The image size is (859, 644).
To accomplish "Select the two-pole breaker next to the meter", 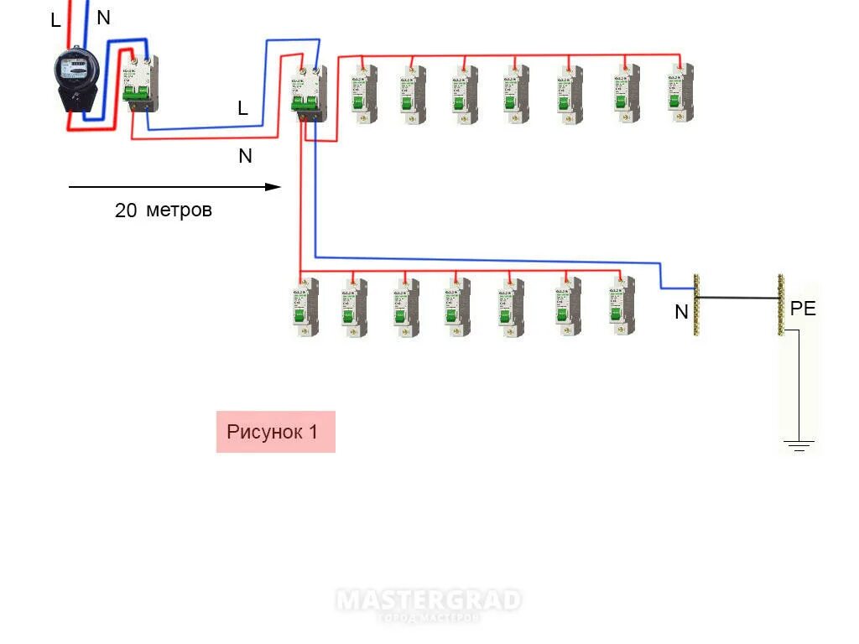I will pyautogui.click(x=140, y=83).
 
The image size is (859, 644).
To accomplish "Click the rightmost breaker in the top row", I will pyautogui.click(x=682, y=93).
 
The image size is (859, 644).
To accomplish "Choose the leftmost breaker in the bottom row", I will pyautogui.click(x=304, y=307).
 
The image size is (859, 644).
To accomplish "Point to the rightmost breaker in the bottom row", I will pyautogui.click(x=621, y=307).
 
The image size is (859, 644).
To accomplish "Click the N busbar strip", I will pyautogui.click(x=696, y=305).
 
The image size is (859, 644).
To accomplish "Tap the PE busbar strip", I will pyautogui.click(x=781, y=305).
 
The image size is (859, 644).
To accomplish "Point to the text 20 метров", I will pyautogui.click(x=164, y=210).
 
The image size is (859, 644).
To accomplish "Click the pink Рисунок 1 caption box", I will pyautogui.click(x=275, y=432).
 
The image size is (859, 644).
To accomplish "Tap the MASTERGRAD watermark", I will pyautogui.click(x=429, y=602).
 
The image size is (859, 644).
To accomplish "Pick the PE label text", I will pyautogui.click(x=803, y=309).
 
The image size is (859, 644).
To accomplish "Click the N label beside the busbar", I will pyautogui.click(x=681, y=313).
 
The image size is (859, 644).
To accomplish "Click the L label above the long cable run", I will pyautogui.click(x=242, y=108).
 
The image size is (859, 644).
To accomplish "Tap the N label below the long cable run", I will pyautogui.click(x=245, y=156).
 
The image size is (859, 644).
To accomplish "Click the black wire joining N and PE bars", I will pyautogui.click(x=738, y=298).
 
